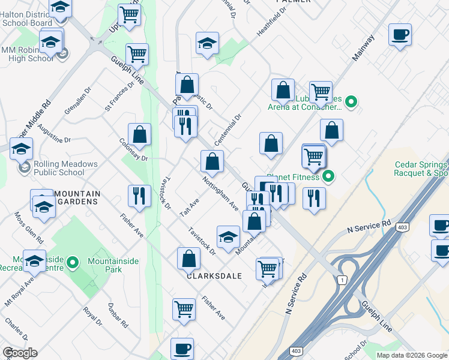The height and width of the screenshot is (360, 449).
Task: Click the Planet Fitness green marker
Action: pos(328,176)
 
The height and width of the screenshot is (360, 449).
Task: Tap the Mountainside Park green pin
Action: pos(73,262)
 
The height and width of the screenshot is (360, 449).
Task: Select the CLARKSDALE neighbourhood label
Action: pos(214,276)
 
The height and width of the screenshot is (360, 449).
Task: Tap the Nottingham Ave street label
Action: pos(221,193)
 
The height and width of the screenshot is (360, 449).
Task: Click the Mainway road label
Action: pos(364,48)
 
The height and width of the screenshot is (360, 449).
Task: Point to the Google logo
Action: pos(20,353)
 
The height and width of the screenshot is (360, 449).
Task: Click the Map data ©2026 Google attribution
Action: pos(412,355)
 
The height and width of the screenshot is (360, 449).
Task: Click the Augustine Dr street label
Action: pos(54,134)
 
